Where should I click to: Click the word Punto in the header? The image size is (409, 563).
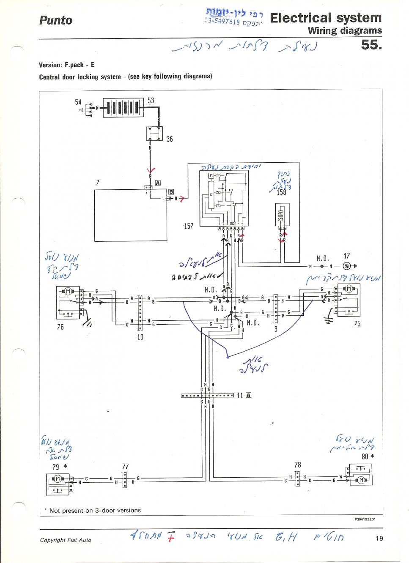pyautogui.click(x=55, y=20)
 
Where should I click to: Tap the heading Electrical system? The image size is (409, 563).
pyautogui.click(x=325, y=18)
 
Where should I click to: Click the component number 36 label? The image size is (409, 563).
pyautogui.click(x=169, y=139)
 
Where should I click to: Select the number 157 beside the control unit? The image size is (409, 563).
pyautogui.click(x=189, y=226)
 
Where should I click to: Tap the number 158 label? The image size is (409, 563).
pyautogui.click(x=281, y=192)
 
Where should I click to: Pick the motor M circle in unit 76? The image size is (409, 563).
pyautogui.click(x=68, y=291)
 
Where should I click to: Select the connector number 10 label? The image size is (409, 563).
pyautogui.click(x=140, y=337)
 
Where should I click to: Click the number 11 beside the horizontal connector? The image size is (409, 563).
pyautogui.click(x=240, y=396)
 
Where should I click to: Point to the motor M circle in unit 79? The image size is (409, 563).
pyautogui.click(x=56, y=479)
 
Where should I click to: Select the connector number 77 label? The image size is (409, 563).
pyautogui.click(x=125, y=467)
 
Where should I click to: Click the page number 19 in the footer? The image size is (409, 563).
pyautogui.click(x=379, y=538)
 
